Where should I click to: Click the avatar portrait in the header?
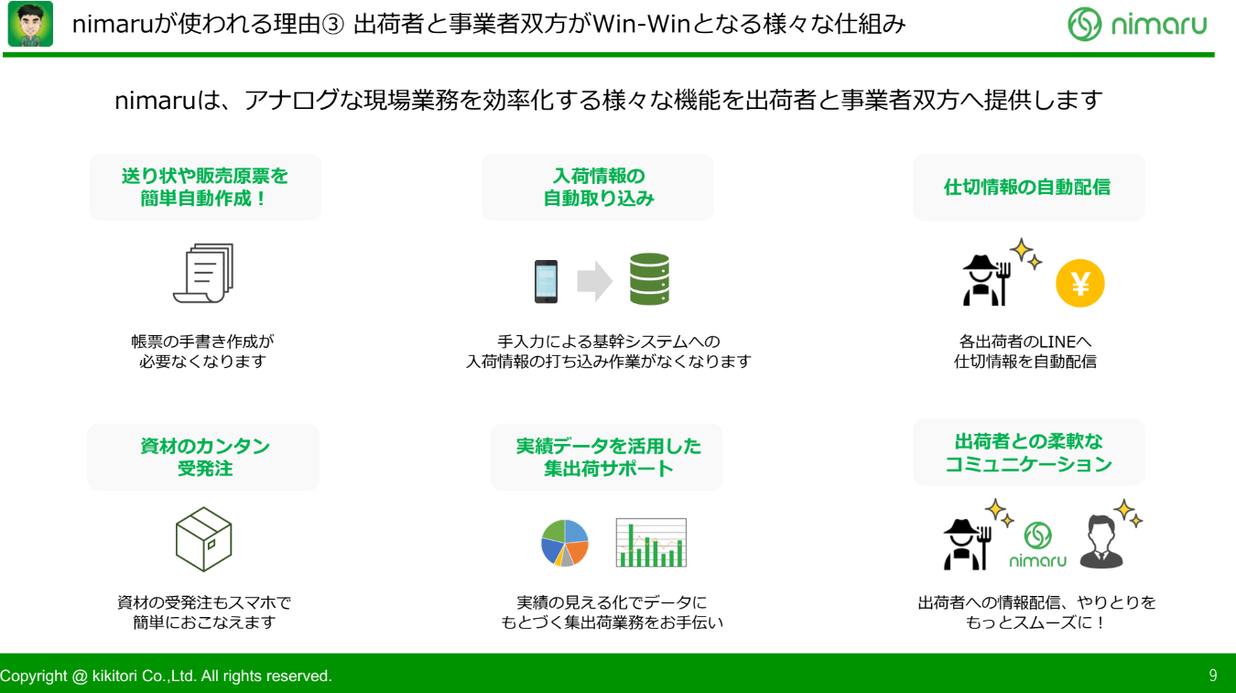click(x=30, y=24)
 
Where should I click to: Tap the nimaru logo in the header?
click(x=1137, y=25)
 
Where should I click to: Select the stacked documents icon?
click(x=203, y=273)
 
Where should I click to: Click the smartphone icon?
click(x=546, y=281)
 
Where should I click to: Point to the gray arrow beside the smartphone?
click(x=594, y=281)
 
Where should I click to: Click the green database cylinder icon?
click(x=649, y=278)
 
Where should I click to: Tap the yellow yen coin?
click(x=1079, y=283)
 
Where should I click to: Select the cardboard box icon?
click(x=203, y=539)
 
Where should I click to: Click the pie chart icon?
click(x=565, y=543)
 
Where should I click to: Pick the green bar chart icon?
click(x=651, y=542)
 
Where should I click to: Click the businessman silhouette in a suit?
click(x=1101, y=541)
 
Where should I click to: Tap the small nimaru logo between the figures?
click(x=1038, y=545)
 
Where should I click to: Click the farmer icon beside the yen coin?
click(x=987, y=280)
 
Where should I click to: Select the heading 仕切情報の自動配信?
click(x=1027, y=187)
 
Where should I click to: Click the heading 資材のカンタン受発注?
click(x=205, y=457)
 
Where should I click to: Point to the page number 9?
click(x=1213, y=676)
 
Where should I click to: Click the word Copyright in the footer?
click(x=33, y=676)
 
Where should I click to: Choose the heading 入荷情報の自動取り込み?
click(x=599, y=187)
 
